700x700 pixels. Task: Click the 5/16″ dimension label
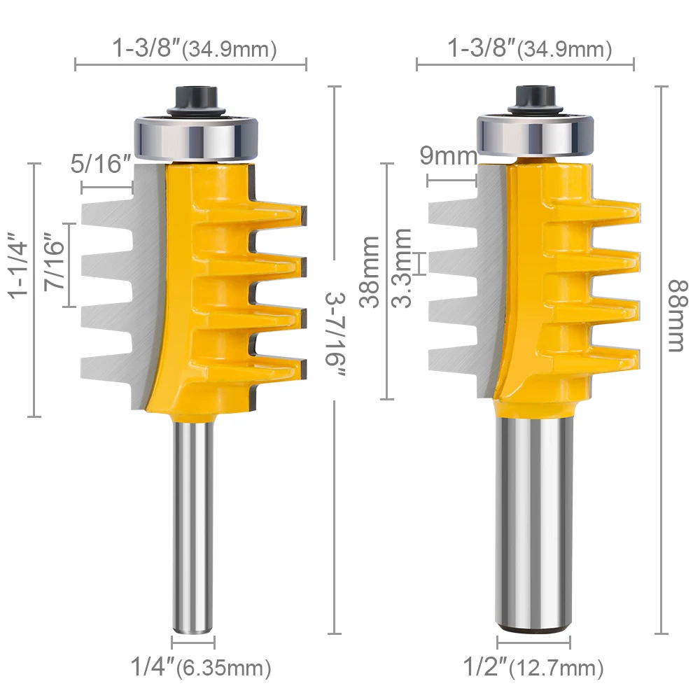pos(101,167)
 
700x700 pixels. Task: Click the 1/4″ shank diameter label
pos(151,666)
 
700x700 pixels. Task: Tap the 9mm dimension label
pos(449,156)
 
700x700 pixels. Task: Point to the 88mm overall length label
pos(675,315)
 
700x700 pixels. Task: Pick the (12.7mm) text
pos(557,667)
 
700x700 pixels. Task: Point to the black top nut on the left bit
pos(192,98)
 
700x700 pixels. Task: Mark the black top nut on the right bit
pos(535,97)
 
